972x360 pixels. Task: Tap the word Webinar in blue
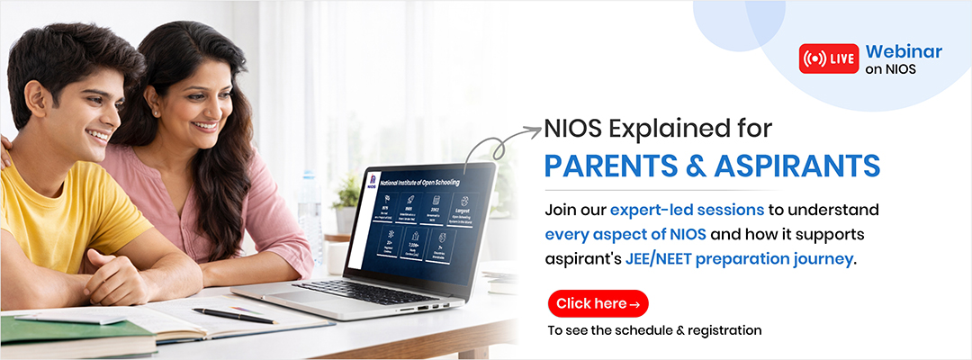pos(904,51)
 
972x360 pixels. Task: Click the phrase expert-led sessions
pos(687,210)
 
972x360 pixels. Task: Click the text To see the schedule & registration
pos(654,330)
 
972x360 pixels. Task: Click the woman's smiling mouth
pos(205,126)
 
